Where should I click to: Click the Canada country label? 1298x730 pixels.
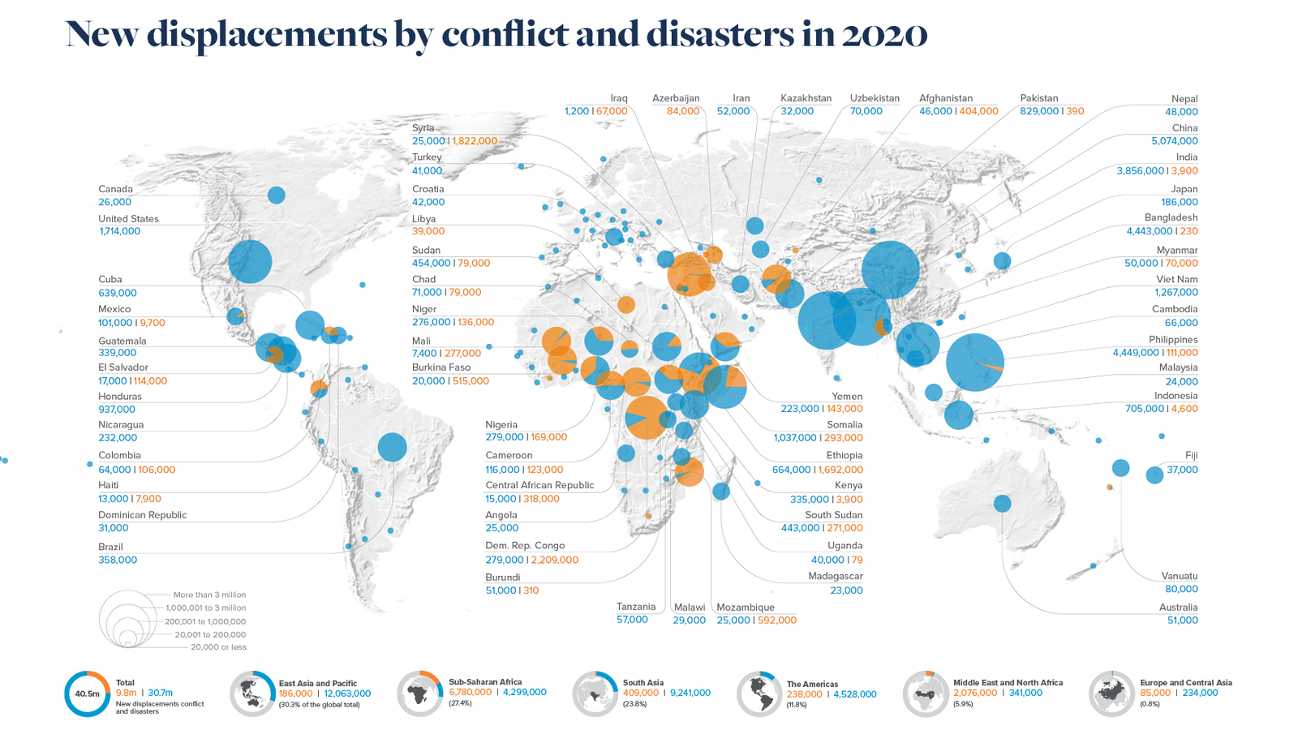(115, 189)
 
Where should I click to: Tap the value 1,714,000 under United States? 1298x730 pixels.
(119, 231)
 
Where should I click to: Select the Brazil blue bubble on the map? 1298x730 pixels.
(392, 447)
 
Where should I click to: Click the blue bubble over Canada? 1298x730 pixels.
(276, 195)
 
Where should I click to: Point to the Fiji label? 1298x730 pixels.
(1191, 456)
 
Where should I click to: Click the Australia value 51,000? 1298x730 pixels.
(1182, 620)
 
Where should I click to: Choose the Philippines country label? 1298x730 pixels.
(1173, 340)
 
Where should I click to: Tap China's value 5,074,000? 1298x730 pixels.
(1174, 141)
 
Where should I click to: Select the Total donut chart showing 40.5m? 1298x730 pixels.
(87, 694)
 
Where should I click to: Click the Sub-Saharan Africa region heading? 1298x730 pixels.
(485, 682)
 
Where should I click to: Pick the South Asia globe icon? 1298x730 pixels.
(595, 695)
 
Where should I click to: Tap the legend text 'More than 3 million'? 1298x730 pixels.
(209, 595)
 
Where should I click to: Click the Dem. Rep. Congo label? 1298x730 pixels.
(525, 546)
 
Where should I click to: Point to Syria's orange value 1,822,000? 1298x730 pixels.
(475, 141)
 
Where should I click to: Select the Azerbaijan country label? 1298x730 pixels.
(676, 98)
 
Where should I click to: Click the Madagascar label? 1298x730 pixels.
(835, 577)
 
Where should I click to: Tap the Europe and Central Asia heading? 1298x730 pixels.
(1185, 683)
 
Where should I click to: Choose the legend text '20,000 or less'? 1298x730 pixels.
(218, 647)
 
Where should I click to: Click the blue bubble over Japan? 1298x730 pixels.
(1002, 260)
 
